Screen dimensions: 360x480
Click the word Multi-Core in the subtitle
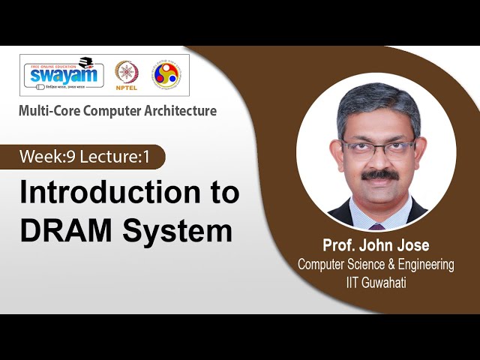click(49, 111)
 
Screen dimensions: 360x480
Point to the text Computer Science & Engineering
click(376, 264)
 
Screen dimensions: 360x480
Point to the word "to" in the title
click(222, 193)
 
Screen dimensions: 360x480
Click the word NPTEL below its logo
click(127, 89)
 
